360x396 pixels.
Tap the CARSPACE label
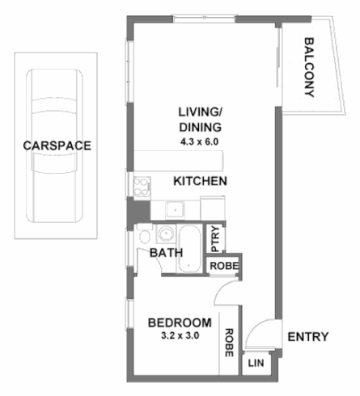(57, 146)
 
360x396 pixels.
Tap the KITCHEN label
(200, 181)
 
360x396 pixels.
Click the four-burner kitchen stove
(142, 185)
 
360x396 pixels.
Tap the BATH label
(167, 253)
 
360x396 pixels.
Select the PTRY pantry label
(216, 239)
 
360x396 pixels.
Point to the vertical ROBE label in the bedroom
(230, 342)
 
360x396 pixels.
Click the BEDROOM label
(180, 322)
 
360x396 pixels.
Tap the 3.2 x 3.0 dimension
(180, 335)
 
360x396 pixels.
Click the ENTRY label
(308, 337)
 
